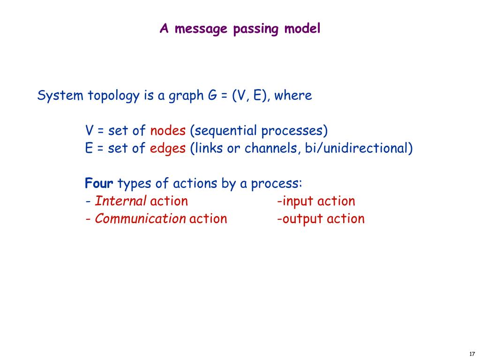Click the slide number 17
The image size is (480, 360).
[x=472, y=353]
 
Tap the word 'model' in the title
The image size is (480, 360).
[x=303, y=29]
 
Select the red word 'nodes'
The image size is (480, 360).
[x=168, y=130]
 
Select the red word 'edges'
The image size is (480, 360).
[x=168, y=149]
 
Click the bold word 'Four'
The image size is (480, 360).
[x=99, y=183]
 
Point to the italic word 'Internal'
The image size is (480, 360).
[x=120, y=202]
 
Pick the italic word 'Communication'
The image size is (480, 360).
[x=140, y=219]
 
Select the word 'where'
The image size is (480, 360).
[x=293, y=96]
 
